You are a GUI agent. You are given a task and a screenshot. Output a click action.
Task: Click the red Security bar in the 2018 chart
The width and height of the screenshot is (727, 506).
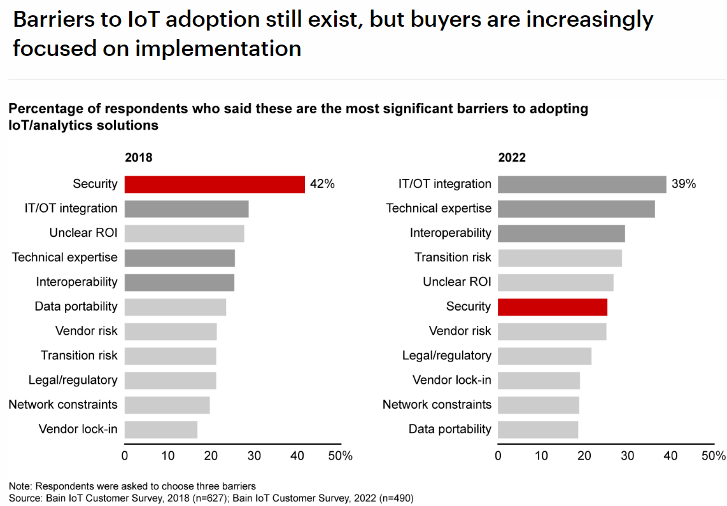coord(215,184)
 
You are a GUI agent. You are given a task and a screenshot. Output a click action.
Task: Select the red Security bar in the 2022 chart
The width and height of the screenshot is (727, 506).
coord(553,307)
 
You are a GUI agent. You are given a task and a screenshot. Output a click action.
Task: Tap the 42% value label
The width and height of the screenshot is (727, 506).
coord(322,184)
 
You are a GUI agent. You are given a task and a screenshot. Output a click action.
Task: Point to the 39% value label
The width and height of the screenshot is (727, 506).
coord(684,184)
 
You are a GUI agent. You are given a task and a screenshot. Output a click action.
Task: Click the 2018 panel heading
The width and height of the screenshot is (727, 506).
coord(139,158)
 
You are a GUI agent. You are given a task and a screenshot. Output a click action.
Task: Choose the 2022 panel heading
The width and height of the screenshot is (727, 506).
coord(512,158)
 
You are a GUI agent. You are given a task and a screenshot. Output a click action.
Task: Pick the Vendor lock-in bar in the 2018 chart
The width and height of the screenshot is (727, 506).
coord(161,429)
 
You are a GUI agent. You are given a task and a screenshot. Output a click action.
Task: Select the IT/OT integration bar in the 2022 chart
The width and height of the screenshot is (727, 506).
coord(582,184)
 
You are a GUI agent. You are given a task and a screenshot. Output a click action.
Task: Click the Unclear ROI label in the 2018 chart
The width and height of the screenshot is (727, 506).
coord(83,233)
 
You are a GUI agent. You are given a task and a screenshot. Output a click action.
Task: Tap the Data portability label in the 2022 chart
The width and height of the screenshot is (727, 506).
coord(450,429)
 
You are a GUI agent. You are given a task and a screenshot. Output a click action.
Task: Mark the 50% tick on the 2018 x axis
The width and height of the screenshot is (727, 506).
coord(341,456)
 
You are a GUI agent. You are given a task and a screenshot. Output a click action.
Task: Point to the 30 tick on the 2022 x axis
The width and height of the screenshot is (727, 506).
coord(628,456)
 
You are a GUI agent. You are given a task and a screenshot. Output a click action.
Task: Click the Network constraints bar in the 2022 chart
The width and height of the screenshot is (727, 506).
coord(539,405)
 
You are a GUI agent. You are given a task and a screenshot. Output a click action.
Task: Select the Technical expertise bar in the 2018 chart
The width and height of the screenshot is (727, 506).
coord(180,258)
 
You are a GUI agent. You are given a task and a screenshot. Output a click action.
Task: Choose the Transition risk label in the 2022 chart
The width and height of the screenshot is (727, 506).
coord(453,258)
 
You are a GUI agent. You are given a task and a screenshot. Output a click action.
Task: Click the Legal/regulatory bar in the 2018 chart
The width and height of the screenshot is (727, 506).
coord(170,380)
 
